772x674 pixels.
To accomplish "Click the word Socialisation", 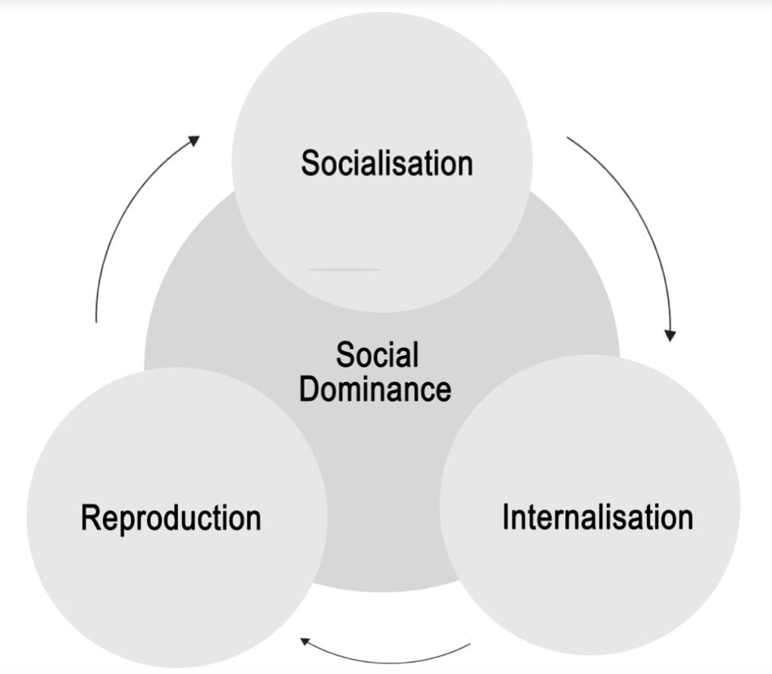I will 387,163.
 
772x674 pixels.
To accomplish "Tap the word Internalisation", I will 598,517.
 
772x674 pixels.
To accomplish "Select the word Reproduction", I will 171,518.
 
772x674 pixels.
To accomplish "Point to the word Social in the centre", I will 378,355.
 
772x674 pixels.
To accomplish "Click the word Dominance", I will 375,389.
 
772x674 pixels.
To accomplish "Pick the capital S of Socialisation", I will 310,163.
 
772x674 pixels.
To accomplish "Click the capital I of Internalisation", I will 506,517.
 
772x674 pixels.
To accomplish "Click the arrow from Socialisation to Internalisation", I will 638,220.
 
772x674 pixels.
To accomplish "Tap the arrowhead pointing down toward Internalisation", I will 670,335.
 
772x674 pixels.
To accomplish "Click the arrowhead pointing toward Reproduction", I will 306,642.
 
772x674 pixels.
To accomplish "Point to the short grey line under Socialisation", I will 345,269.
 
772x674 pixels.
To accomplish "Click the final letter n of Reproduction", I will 253,518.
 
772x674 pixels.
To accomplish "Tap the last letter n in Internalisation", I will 685,517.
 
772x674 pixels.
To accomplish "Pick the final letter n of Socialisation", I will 465,163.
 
